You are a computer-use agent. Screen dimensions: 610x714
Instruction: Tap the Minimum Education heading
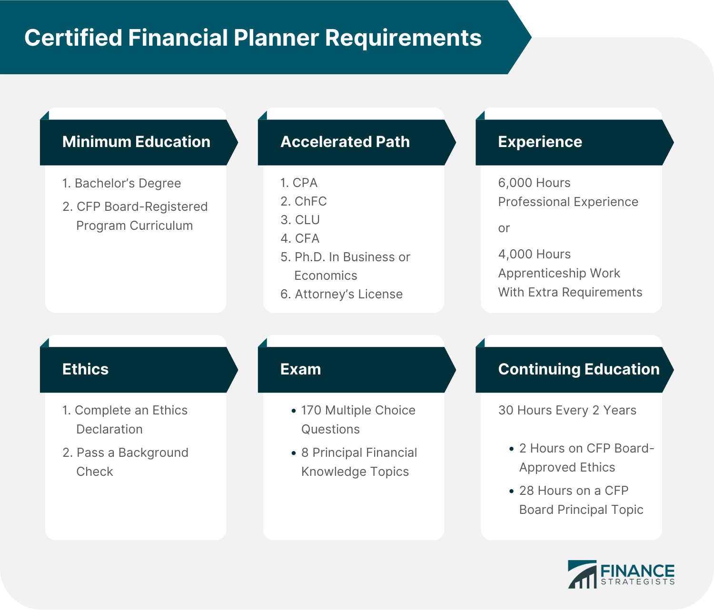click(x=136, y=142)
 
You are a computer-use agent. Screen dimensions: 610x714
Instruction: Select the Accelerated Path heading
click(x=345, y=142)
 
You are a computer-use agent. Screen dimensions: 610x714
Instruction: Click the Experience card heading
click(x=540, y=142)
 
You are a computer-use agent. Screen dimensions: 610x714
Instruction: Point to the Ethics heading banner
click(x=86, y=369)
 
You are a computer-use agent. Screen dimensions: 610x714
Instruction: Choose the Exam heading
click(x=300, y=369)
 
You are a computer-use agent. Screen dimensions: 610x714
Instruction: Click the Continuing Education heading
click(x=578, y=369)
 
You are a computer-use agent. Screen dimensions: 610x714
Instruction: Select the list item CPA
click(x=305, y=183)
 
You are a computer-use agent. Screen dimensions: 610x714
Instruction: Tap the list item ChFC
click(x=310, y=201)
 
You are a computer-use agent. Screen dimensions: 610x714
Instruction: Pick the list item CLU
click(x=307, y=220)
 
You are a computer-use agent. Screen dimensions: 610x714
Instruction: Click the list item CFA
click(x=307, y=238)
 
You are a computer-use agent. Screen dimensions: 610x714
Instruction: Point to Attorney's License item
click(x=348, y=294)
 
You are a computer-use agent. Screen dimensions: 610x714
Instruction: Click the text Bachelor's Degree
click(x=128, y=183)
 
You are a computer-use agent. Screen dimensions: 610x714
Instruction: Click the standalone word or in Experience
click(x=504, y=228)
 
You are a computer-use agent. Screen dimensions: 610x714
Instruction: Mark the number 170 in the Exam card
click(x=311, y=410)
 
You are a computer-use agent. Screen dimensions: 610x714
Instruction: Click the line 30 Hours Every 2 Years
click(x=567, y=410)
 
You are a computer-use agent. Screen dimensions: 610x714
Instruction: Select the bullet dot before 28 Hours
click(x=512, y=491)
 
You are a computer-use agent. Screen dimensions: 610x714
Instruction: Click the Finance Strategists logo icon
click(x=582, y=574)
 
